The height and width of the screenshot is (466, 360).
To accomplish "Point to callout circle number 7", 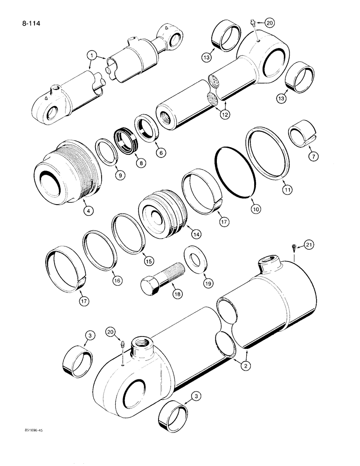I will click(x=314, y=157).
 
